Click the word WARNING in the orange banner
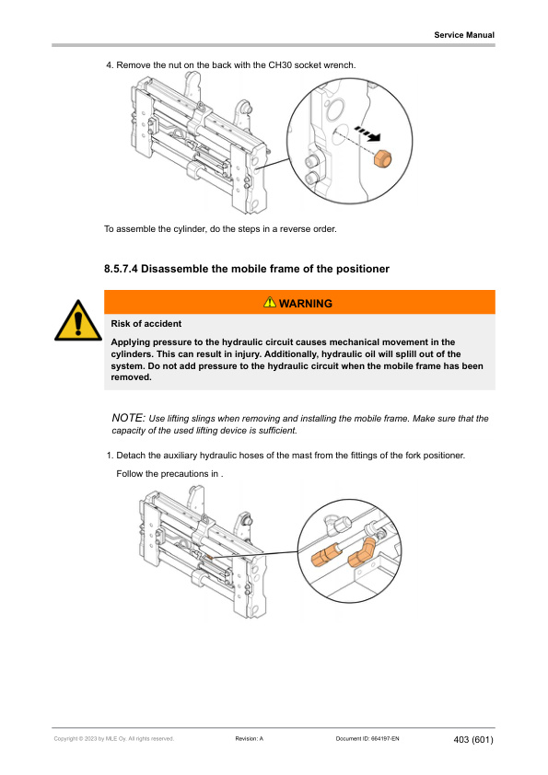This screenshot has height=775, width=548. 305,303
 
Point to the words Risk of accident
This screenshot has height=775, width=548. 146,324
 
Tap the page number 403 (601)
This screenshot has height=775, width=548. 474,740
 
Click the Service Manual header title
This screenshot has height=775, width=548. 464,35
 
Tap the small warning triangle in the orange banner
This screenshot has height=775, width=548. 270,303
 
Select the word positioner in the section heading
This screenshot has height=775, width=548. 355,269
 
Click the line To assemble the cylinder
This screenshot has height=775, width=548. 221,229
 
